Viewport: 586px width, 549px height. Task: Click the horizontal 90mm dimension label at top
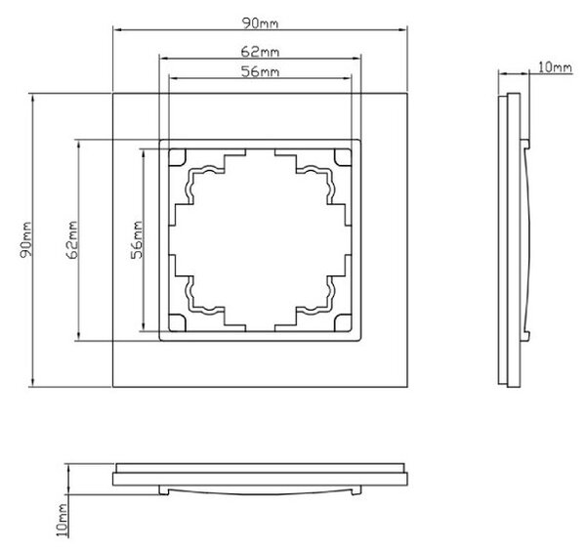pos(260,23)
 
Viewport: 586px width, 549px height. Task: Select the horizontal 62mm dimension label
pos(260,52)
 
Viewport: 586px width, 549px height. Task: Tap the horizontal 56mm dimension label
pos(260,71)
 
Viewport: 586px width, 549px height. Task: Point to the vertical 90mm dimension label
pos(25,240)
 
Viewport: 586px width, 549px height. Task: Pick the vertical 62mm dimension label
pos(71,240)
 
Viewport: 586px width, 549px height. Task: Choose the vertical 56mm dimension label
pos(137,240)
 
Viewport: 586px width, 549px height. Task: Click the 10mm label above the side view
pos(555,67)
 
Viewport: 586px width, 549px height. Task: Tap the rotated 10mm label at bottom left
pos(63,520)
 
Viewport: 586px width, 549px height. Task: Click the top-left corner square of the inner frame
pos(178,157)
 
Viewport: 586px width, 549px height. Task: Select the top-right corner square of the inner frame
pos(343,157)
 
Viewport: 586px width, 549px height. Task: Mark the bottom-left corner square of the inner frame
pos(178,323)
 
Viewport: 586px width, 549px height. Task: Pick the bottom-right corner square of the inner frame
pos(343,323)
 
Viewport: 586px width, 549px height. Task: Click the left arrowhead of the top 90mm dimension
pos(116,29)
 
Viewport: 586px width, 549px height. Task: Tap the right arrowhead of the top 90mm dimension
pos(403,29)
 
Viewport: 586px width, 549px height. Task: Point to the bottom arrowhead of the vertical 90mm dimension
pos(33,383)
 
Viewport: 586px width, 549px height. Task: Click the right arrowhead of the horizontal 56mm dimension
pos(348,78)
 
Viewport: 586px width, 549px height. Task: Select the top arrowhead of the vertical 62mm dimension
pos(78,145)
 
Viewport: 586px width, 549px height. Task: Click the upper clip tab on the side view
pos(525,145)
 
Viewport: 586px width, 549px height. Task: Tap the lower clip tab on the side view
pos(525,336)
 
